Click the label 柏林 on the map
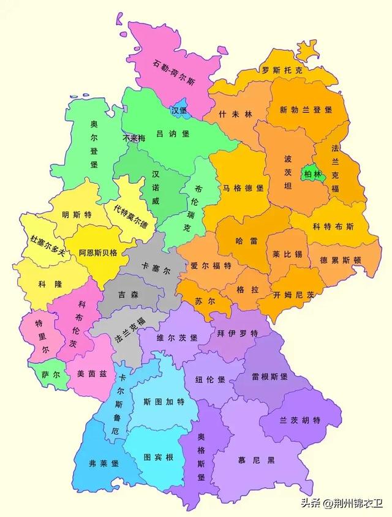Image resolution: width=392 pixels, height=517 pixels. pos(312,175)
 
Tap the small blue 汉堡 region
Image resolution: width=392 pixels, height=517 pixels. pos(179,110)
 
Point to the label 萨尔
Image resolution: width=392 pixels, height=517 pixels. pos(42,374)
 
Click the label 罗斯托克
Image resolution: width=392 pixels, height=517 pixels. pos(281,70)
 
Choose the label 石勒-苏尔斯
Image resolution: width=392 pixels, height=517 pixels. pos(175,64)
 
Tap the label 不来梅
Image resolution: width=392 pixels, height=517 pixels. pos(134,138)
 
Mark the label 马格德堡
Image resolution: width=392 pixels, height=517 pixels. pos(243,187)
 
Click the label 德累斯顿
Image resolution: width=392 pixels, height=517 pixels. pos(341,260)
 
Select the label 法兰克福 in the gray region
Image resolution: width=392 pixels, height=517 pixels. pos(130,329)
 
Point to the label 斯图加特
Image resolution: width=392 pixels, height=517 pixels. pos(164,402)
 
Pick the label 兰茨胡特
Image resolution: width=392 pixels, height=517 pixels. pos(300,420)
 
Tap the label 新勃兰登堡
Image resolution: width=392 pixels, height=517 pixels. pos(306,110)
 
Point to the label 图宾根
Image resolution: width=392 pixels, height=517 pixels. pos(159,457)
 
